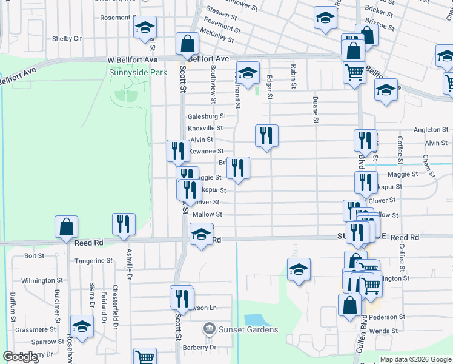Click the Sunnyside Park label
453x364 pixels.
137,72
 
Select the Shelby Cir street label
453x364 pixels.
67,38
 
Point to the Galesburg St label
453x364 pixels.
207,116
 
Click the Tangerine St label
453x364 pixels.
93,261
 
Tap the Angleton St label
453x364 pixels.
431,130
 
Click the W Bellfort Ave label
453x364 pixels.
132,60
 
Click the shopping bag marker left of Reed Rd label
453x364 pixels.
66,227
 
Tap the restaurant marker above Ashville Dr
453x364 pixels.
124,223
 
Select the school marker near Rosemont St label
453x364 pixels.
145,27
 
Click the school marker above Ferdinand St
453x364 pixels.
248,73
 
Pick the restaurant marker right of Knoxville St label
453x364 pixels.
266,135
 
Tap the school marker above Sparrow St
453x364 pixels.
82,326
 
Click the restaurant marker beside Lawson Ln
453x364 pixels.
180,297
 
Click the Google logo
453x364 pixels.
21,357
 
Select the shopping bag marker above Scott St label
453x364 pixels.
187,43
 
